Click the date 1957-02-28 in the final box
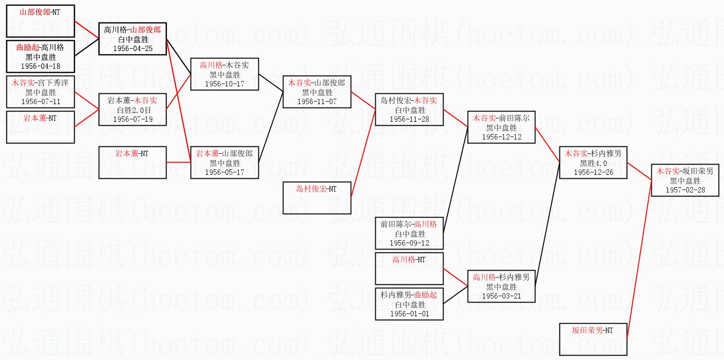(685, 190)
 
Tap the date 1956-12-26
(593, 172)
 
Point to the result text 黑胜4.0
(593, 163)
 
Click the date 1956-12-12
(501, 137)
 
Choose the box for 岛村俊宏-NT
(317, 197)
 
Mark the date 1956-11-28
(409, 119)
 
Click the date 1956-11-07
(317, 102)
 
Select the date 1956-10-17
(224, 84)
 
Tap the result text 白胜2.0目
(133, 110)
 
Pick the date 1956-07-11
(40, 102)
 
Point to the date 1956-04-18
(40, 66)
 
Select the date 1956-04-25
(133, 49)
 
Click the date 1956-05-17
(224, 172)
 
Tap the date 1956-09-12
(409, 243)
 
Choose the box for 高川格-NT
(409, 268)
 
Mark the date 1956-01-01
(409, 314)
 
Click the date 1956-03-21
(501, 296)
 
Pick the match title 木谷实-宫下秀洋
(40, 83)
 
